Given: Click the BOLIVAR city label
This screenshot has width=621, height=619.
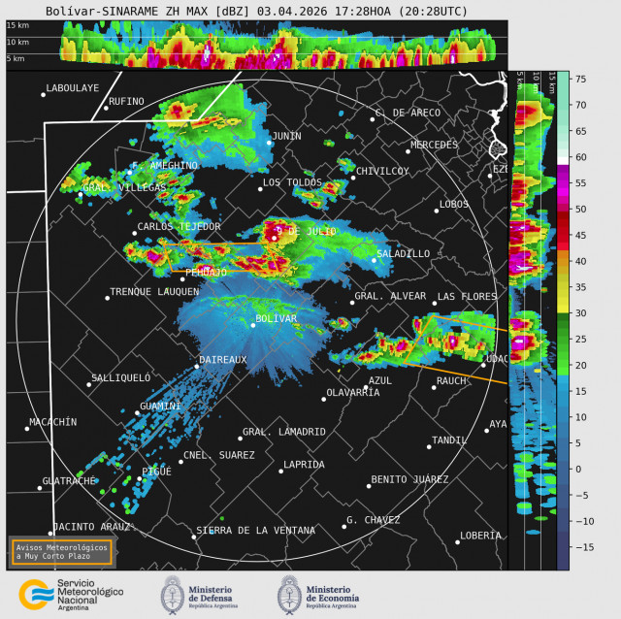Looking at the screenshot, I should (x=276, y=318).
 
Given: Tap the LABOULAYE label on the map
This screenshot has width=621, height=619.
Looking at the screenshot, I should (x=73, y=88).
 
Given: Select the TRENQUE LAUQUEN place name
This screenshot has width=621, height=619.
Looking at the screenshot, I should (x=153, y=291).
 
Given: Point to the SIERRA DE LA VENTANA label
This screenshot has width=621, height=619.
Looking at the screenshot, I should (x=255, y=530).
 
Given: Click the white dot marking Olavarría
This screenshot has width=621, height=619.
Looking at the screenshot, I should (x=324, y=399).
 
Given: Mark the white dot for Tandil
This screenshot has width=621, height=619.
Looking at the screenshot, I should (x=429, y=446).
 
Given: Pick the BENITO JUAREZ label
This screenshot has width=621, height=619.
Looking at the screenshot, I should (x=409, y=479).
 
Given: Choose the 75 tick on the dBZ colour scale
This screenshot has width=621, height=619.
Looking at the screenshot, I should (x=578, y=79).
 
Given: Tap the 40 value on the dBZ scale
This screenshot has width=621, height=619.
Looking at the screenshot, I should (x=578, y=261).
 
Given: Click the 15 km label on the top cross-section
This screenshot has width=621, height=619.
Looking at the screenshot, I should (x=17, y=26).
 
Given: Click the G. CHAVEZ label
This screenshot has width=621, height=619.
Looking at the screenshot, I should (x=373, y=520).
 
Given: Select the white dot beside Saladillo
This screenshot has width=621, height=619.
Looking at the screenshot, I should (x=375, y=260).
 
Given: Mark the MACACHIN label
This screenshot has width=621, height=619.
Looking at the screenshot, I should (x=52, y=421).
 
